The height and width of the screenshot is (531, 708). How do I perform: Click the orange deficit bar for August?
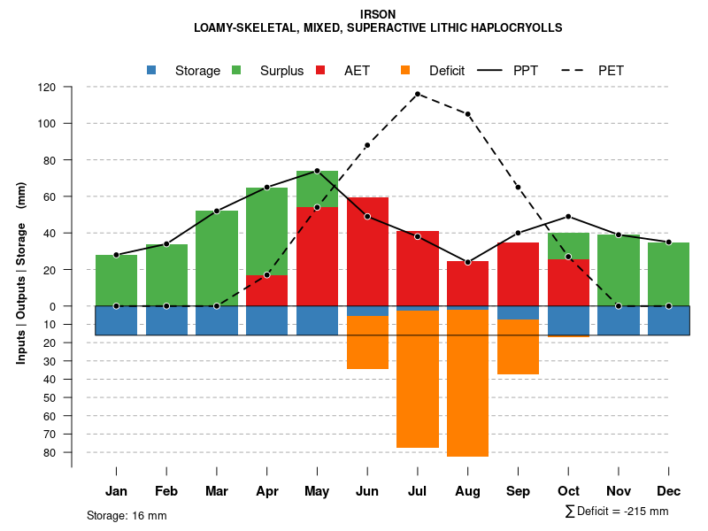pos(467,382)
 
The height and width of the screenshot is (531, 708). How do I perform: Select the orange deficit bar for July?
pos(418,379)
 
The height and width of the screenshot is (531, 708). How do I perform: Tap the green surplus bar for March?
pos(217,258)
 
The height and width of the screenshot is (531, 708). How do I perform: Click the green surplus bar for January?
pos(116,280)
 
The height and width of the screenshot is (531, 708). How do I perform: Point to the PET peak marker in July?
pos(418,94)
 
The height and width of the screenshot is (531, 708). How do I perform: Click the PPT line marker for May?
pos(317,171)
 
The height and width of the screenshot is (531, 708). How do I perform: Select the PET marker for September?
pos(518,188)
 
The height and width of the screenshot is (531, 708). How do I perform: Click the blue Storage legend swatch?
pos(151,71)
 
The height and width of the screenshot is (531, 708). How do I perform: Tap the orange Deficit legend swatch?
pos(405,71)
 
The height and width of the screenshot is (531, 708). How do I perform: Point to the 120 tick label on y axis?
pos(47,88)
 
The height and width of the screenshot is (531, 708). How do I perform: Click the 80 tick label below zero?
pos(50,452)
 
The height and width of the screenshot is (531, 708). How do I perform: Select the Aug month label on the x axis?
pos(467,491)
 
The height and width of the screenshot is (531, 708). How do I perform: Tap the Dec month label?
pos(668,491)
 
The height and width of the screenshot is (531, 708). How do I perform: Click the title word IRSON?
pos(378,14)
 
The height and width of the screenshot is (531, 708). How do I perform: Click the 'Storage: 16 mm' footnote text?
pos(127,515)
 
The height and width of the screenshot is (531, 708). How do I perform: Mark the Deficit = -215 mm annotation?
pos(617,512)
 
